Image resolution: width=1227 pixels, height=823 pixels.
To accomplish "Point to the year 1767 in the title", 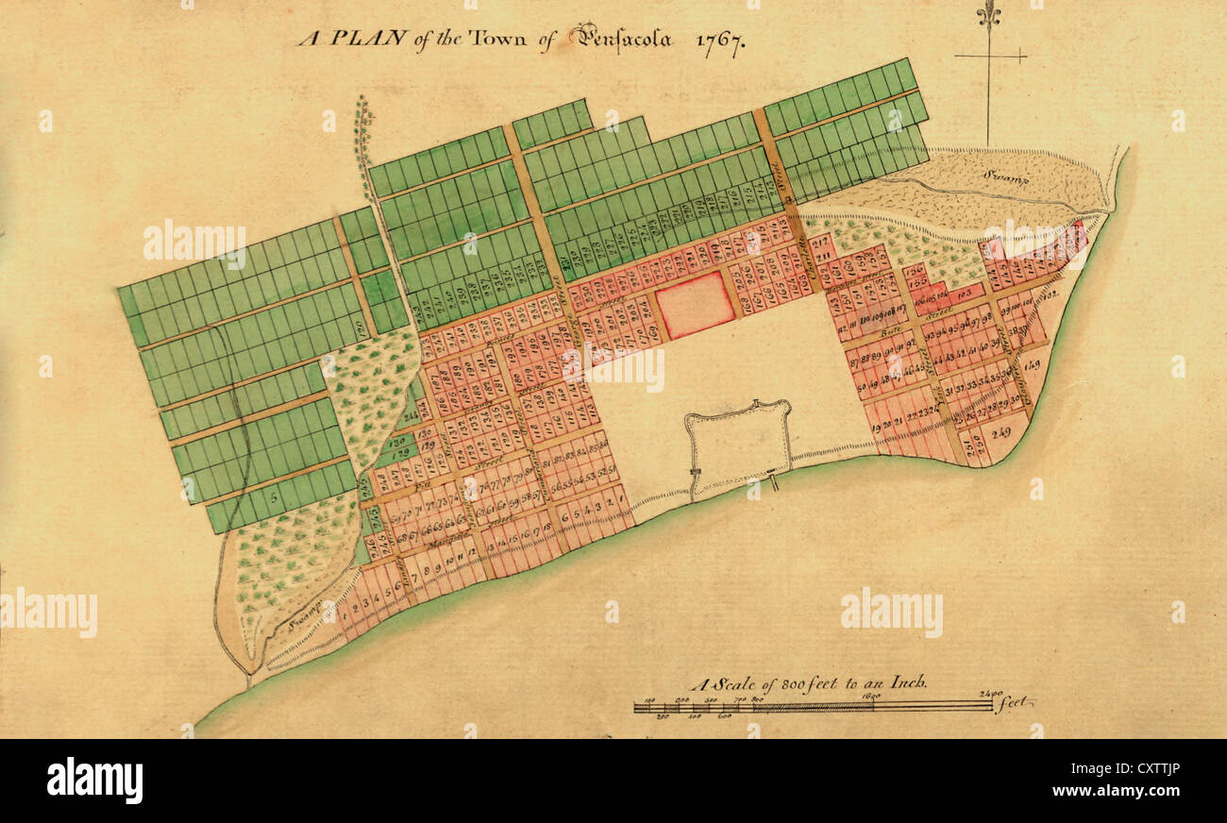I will pos(720,42).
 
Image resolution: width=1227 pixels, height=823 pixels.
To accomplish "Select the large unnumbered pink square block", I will pos(695,304).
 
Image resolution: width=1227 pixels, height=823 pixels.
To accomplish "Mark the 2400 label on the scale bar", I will pos(990,694).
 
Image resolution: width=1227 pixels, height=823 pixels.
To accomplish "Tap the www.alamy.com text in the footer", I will pos(1127,790).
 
